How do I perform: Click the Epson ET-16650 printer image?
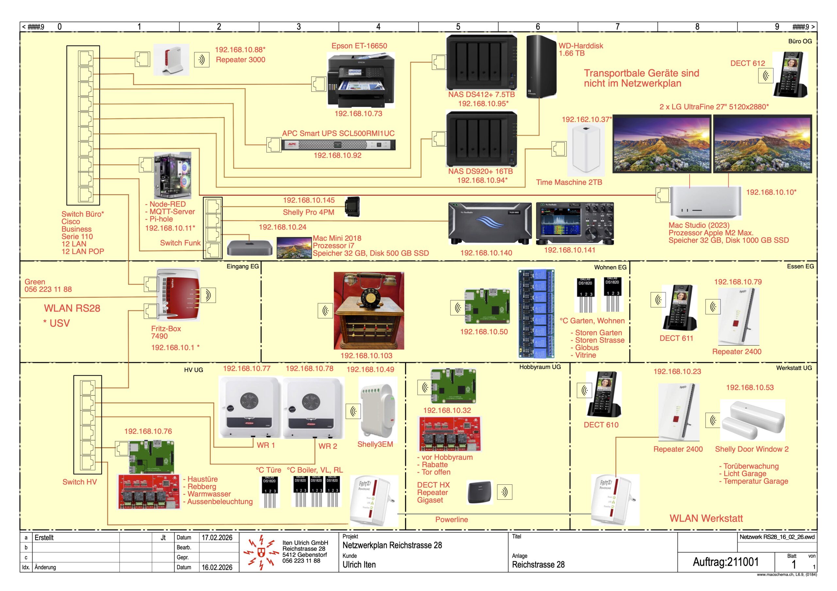click(361, 80)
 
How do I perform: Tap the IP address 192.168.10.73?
click(358, 114)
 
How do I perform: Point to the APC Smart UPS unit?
click(338, 145)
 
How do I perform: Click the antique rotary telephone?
click(369, 311)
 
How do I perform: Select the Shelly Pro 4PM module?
click(352, 207)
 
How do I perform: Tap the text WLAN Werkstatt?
click(706, 518)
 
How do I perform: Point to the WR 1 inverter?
click(250, 407)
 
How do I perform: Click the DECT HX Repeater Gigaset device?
click(479, 492)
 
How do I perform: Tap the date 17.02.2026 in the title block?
click(217, 538)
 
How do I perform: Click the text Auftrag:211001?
click(725, 562)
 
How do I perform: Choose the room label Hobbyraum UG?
click(540, 367)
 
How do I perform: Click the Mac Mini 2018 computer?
click(249, 248)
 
